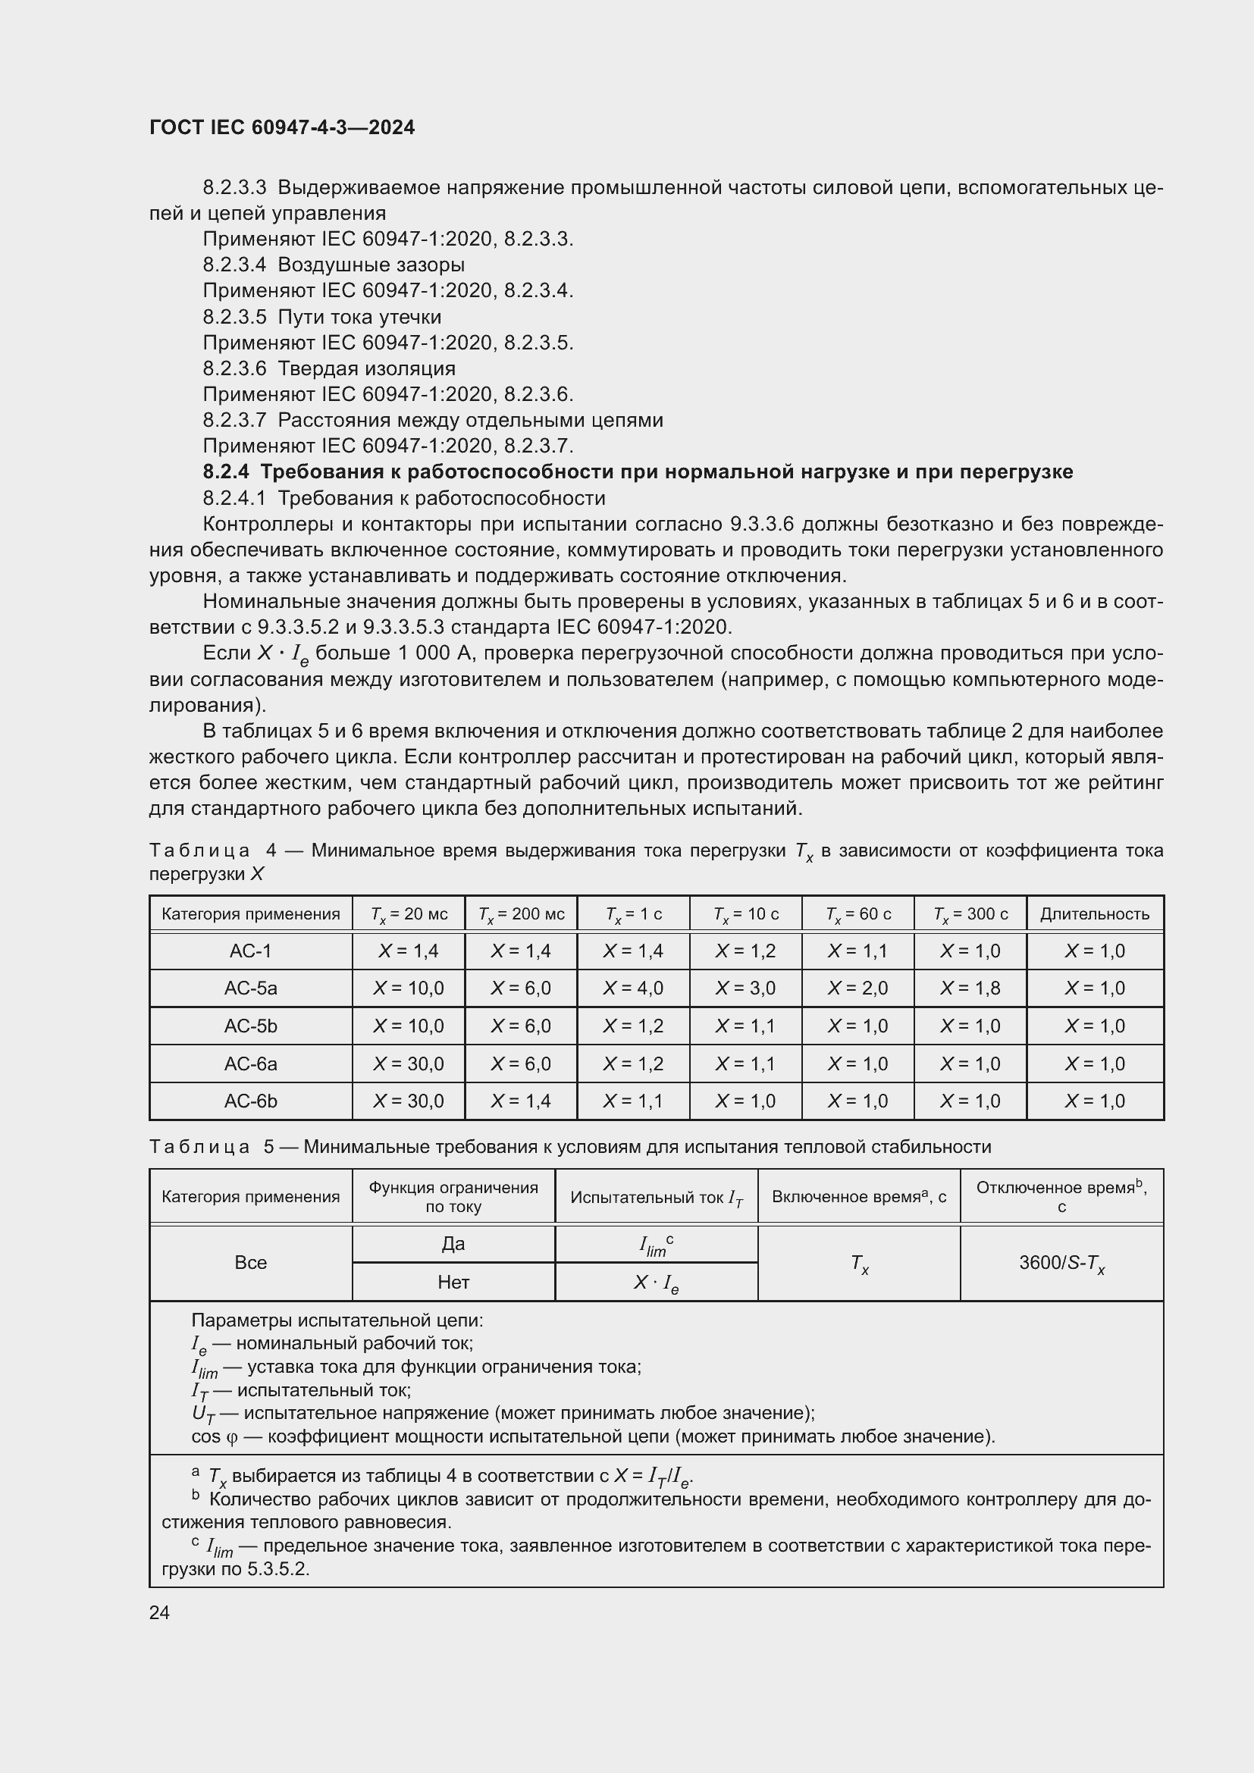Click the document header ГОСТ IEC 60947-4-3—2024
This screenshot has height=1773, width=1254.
click(282, 127)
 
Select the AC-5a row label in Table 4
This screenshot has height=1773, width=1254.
click(250, 988)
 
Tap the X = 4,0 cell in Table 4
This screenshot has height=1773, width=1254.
click(632, 988)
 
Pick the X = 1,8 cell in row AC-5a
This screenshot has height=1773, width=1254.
click(970, 988)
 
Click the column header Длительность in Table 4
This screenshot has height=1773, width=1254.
click(1094, 914)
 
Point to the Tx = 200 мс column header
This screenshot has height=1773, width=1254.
click(521, 914)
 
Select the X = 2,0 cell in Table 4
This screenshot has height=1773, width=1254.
click(857, 988)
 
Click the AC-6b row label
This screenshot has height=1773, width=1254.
click(250, 1101)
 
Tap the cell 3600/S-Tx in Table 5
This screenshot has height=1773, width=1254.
click(1061, 1264)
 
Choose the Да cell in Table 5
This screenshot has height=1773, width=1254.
click(453, 1244)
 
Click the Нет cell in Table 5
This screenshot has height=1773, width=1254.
click(453, 1283)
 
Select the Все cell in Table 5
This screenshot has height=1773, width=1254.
click(250, 1264)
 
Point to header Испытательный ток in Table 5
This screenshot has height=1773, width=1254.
click(657, 1198)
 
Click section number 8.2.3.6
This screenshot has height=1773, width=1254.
click(234, 368)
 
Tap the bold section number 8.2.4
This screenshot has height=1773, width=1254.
click(225, 471)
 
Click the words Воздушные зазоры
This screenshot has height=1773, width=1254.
click(371, 265)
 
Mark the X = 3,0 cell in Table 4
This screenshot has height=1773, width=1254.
click(745, 988)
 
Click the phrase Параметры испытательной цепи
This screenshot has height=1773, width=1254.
click(337, 1321)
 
